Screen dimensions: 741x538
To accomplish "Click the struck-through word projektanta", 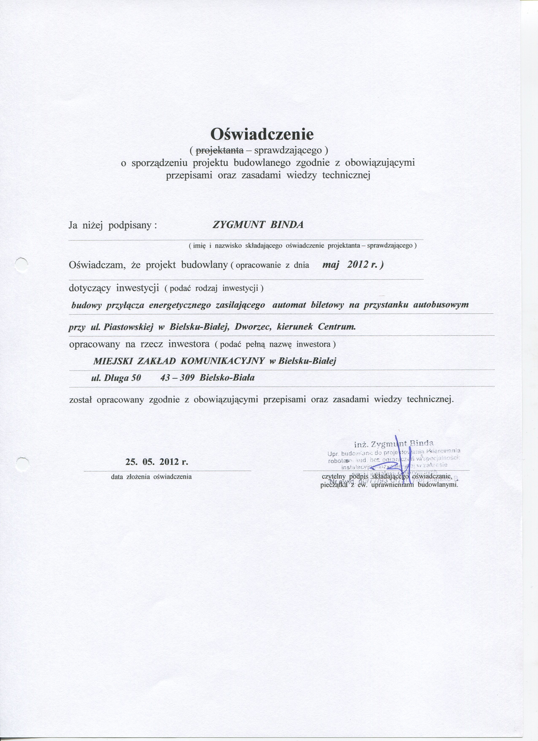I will point(219,151).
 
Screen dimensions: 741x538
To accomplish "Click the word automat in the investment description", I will point(289,305).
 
